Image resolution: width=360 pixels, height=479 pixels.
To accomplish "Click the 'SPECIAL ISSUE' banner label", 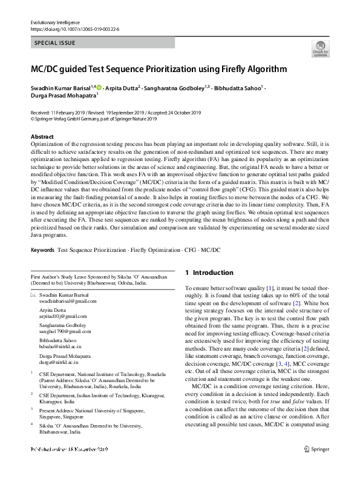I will [x=56, y=44].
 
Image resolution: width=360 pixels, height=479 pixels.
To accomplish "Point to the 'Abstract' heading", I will [x=42, y=137].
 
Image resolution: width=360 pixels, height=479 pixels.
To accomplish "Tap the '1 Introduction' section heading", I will [x=209, y=273].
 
